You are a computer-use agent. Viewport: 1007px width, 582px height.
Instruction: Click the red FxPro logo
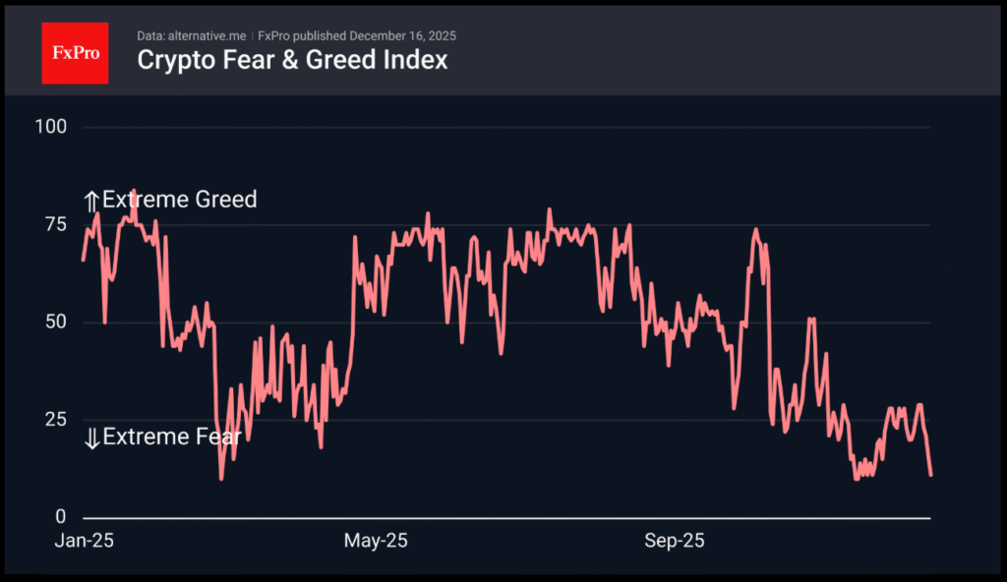[x=75, y=53]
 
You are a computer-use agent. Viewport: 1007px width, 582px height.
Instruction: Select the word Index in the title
[x=420, y=60]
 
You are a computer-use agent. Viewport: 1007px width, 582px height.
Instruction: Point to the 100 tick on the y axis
[x=50, y=127]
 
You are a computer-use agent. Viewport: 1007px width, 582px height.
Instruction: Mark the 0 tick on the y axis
[x=61, y=517]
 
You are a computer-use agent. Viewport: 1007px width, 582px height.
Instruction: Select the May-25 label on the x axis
[x=376, y=541]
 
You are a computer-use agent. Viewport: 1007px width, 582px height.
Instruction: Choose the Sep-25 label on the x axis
[x=675, y=541]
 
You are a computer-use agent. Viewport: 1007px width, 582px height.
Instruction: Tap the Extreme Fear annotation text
[x=171, y=436]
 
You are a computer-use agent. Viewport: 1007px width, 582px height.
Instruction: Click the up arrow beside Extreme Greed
[x=91, y=202]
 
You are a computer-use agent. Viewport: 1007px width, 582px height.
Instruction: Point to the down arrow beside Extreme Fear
[x=91, y=438]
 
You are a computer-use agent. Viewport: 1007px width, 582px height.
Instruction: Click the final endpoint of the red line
[x=930, y=476]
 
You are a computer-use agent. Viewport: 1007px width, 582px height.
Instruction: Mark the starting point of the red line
[x=83, y=260]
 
